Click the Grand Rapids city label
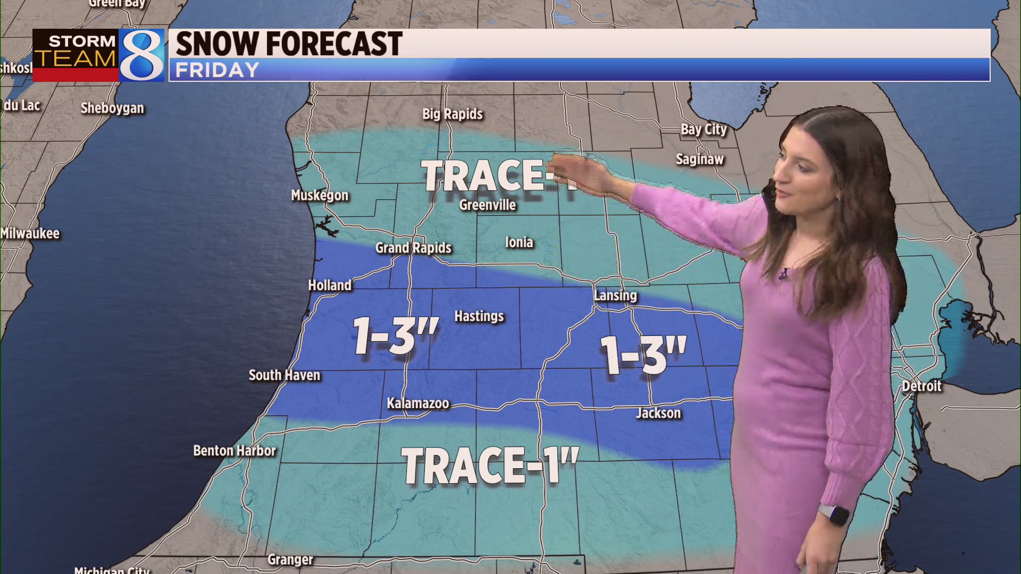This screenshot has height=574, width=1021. click(413, 248)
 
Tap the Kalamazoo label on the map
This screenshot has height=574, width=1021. click(418, 403)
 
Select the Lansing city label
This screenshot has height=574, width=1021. click(615, 296)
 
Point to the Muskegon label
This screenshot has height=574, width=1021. click(320, 195)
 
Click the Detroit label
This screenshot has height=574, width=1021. click(922, 386)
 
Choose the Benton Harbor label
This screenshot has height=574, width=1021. click(235, 451)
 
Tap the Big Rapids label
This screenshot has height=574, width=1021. click(453, 114)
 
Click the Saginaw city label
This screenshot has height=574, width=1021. click(700, 159)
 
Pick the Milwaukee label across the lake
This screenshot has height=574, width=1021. click(30, 233)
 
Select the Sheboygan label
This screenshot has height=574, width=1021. click(112, 108)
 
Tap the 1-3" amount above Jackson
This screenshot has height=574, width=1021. click(643, 354)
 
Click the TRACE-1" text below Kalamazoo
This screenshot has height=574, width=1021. click(490, 466)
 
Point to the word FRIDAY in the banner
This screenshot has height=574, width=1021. click(217, 70)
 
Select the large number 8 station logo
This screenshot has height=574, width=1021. click(141, 55)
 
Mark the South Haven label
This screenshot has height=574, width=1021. click(284, 375)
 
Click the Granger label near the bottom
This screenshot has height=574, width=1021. click(290, 559)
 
